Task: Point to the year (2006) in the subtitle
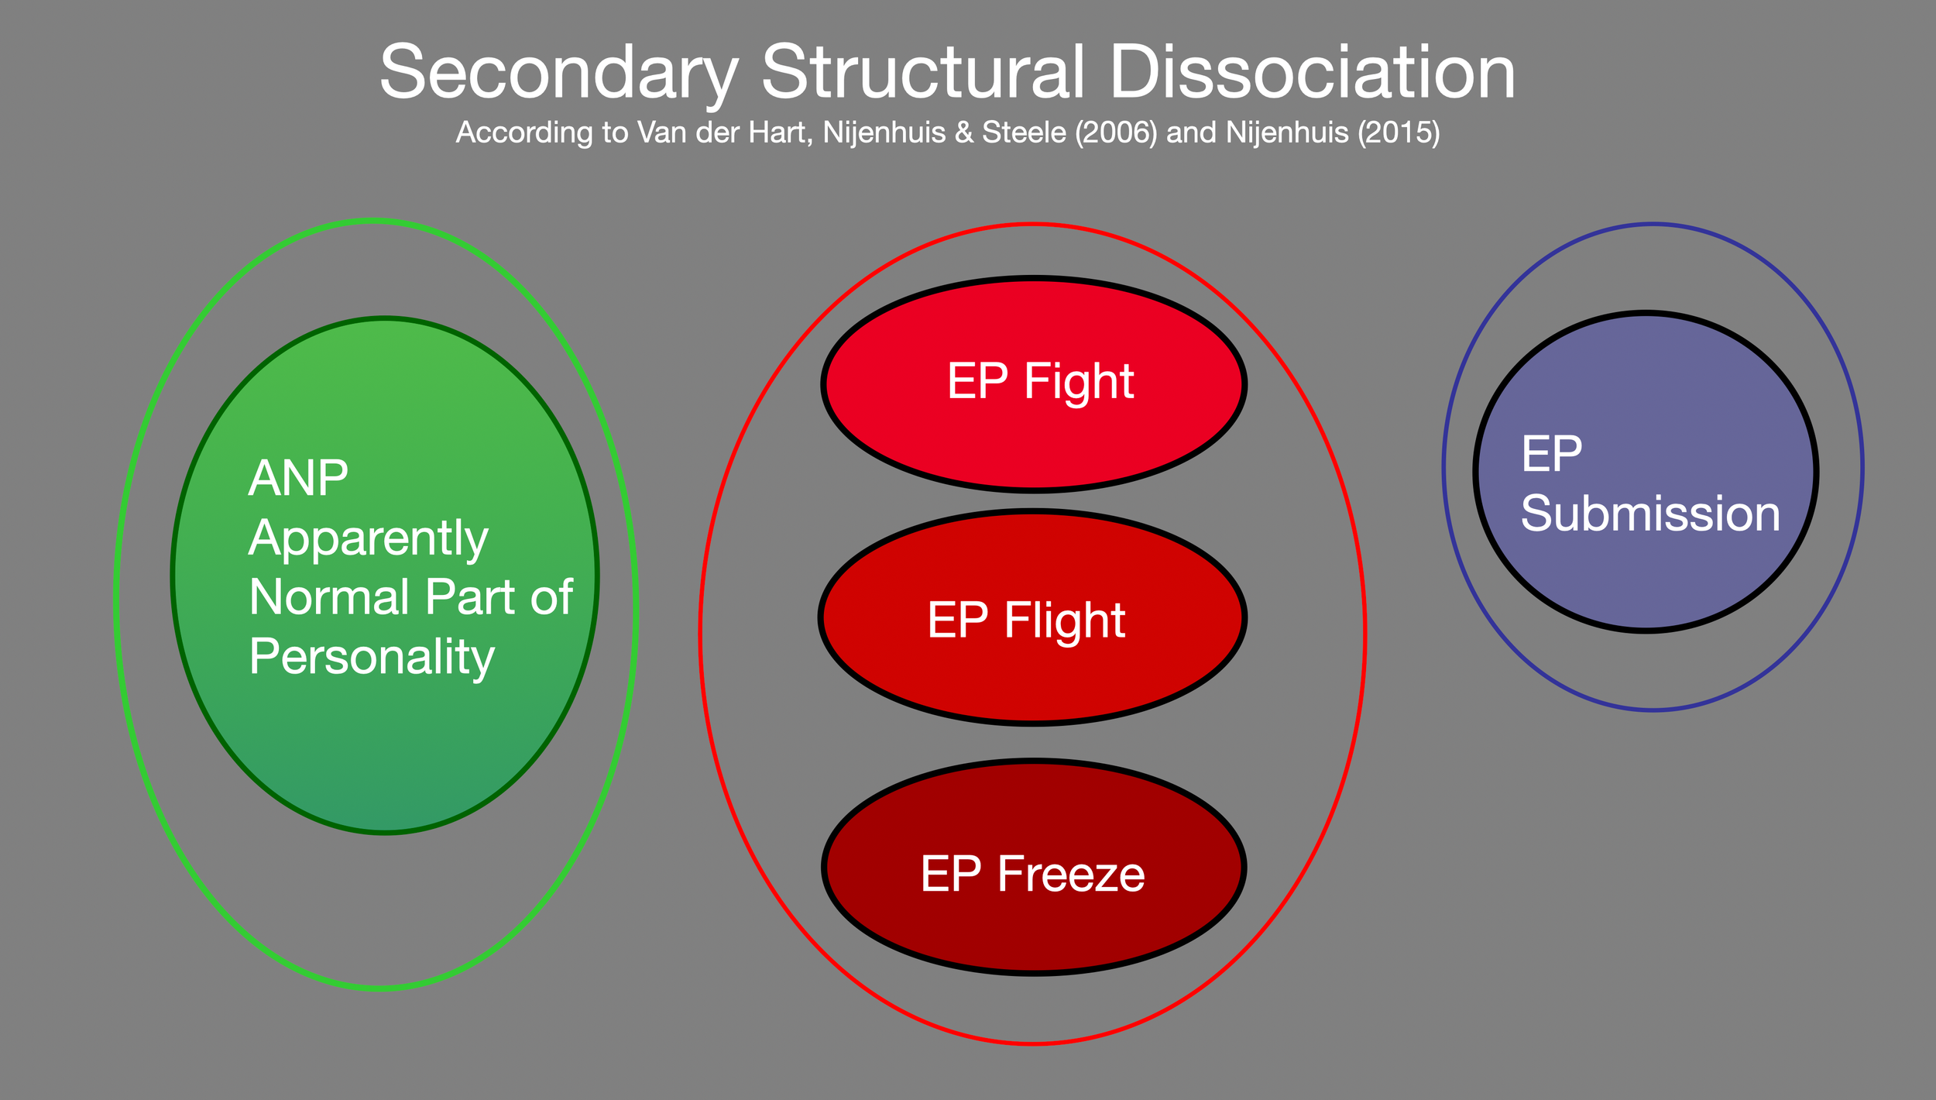1115,132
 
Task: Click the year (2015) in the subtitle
1398,132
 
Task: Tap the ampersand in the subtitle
963,132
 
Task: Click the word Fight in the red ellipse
1079,382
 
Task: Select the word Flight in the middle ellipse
1064,621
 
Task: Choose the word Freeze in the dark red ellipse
1070,875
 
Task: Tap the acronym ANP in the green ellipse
298,478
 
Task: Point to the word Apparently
368,538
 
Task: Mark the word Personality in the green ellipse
372,658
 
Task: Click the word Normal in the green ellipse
329,597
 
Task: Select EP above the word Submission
1551,454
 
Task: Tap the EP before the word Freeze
950,875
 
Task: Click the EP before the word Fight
977,382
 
